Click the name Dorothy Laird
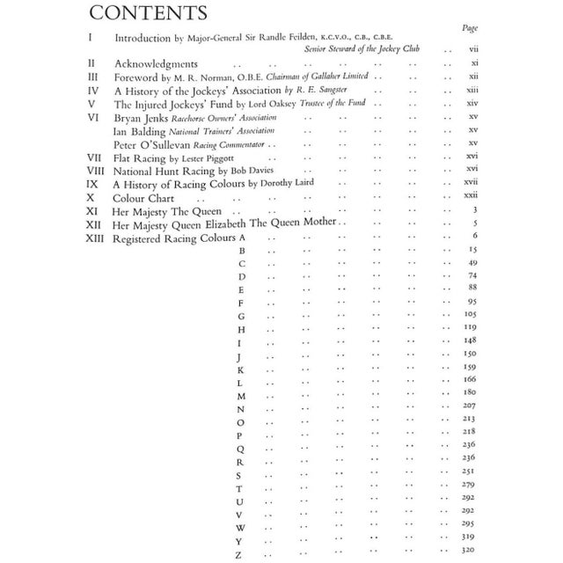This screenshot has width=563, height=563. (x=286, y=183)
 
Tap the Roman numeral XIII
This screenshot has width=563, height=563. (x=94, y=238)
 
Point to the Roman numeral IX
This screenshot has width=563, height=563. (x=91, y=184)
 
